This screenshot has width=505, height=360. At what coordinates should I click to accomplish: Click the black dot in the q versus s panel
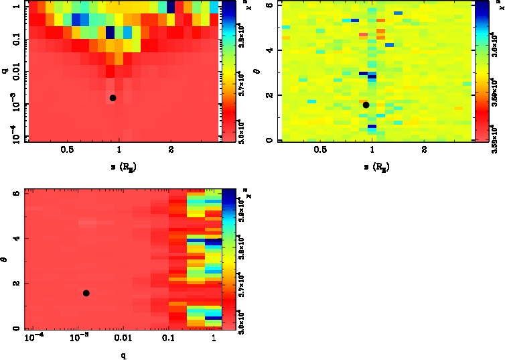click(113, 98)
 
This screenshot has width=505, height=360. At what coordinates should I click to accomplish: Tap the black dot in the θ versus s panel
click(366, 105)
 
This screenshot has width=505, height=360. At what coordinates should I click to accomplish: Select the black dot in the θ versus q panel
click(86, 293)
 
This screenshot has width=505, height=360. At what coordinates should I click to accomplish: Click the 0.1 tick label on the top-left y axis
click(13, 40)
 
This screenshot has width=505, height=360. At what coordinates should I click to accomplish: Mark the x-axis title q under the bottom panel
click(123, 355)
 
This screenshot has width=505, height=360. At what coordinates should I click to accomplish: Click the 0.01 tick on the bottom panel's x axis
click(123, 339)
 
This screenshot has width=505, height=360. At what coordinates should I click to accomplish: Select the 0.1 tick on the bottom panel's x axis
click(168, 339)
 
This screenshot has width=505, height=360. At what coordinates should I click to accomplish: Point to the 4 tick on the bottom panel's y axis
click(17, 239)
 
